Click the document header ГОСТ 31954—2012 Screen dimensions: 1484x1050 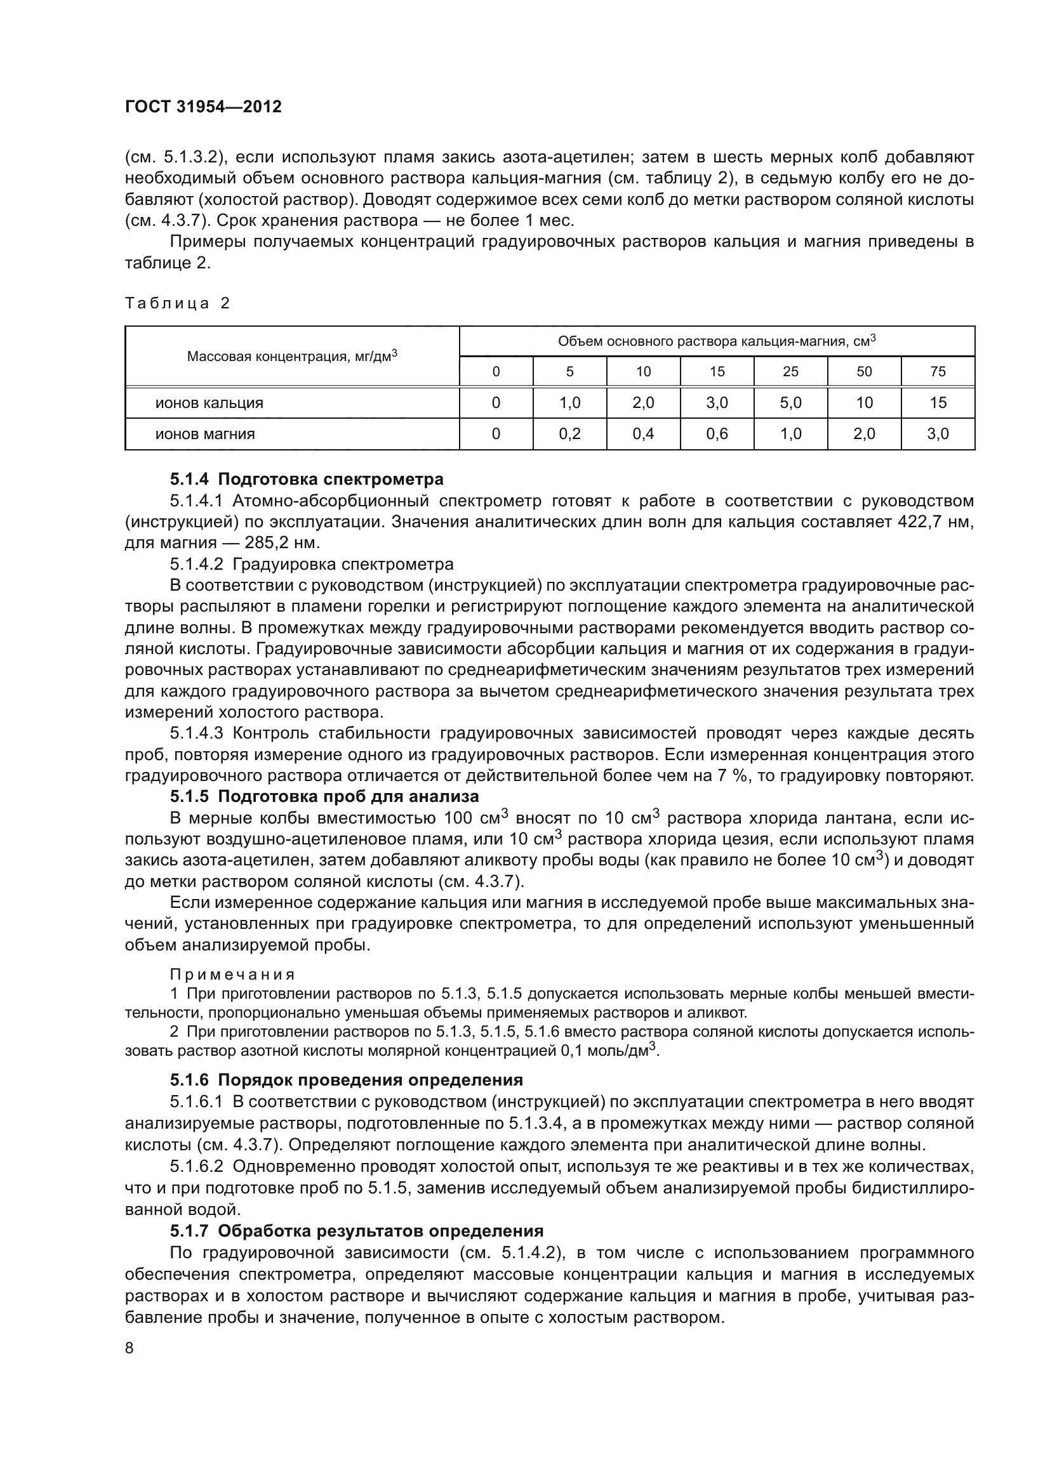point(203,107)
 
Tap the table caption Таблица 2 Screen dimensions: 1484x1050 point(177,303)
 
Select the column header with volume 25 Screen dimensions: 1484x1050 point(790,372)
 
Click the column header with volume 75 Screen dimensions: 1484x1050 point(938,372)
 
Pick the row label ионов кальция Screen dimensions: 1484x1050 point(209,404)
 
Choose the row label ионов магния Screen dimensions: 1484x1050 point(205,435)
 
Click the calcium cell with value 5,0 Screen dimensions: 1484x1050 point(790,404)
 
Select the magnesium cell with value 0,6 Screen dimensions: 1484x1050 point(717,435)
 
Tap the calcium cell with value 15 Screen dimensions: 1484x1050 point(938,404)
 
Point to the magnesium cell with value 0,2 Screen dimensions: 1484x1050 point(569,435)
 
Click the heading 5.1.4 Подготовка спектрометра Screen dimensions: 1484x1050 point(307,480)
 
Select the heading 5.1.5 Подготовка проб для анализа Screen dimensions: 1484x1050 point(324,796)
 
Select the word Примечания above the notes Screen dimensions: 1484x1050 point(232,975)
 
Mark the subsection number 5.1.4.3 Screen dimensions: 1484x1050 point(196,733)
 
